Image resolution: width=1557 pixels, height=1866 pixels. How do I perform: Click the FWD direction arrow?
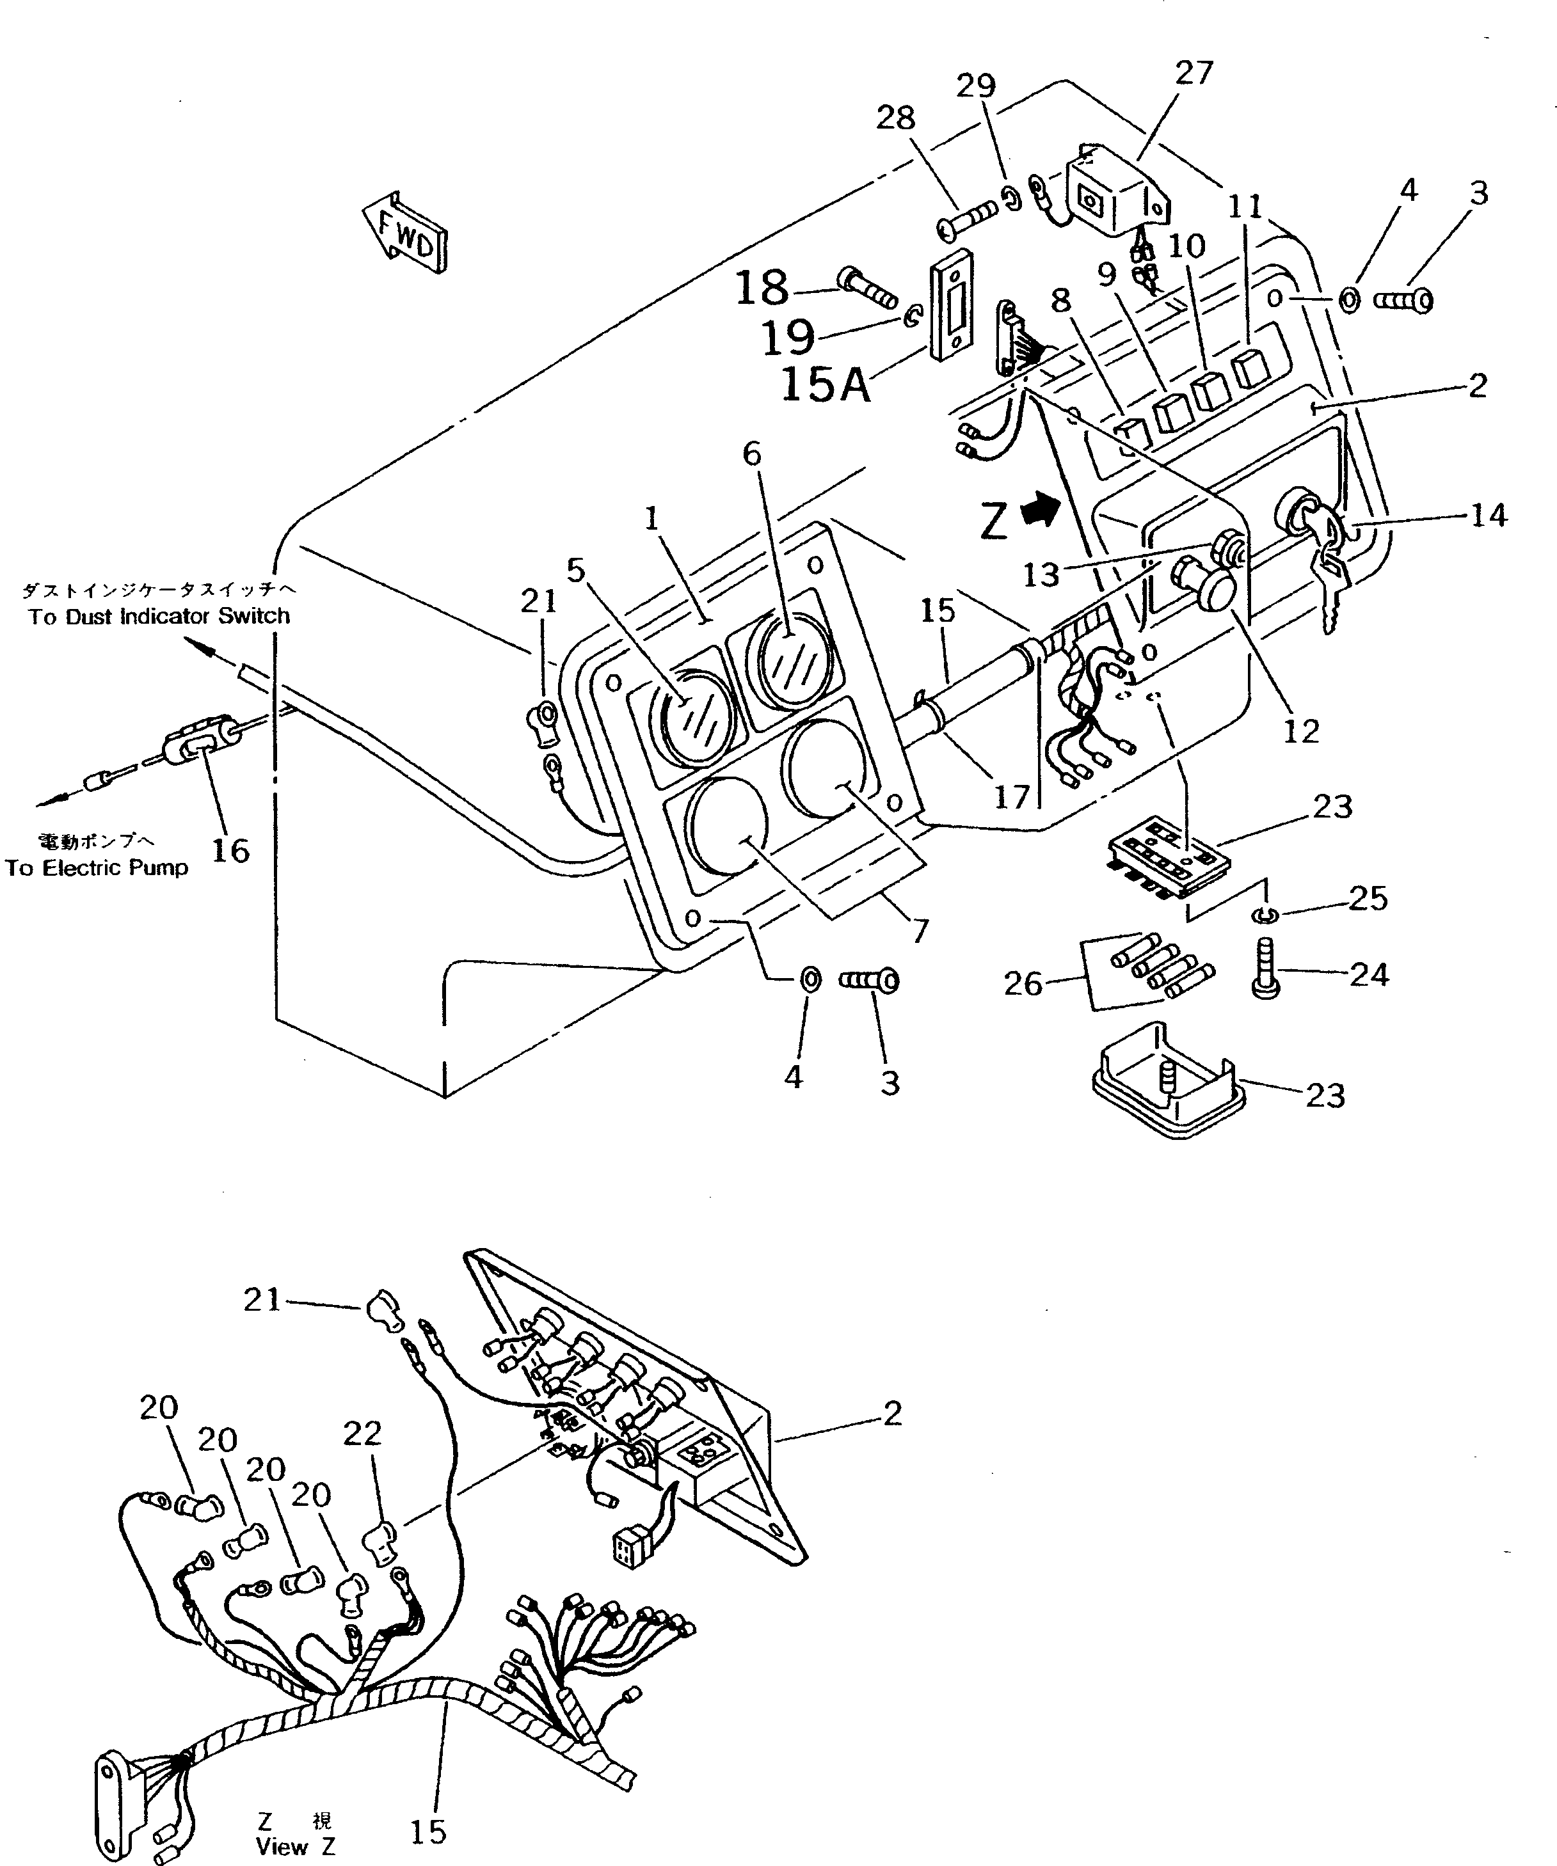(405, 233)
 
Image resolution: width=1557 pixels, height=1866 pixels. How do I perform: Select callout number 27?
(1193, 73)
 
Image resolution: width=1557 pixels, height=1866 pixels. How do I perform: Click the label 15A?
(825, 386)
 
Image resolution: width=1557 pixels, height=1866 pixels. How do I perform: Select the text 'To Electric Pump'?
(96, 868)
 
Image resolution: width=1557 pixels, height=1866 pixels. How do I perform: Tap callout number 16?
(230, 850)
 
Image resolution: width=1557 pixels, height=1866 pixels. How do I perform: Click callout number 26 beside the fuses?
(1022, 984)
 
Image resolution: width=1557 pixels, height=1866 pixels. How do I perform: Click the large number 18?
(763, 287)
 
